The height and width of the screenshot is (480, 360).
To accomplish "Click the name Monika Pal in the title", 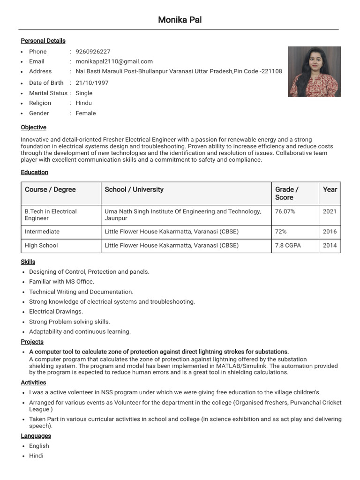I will point(180,20).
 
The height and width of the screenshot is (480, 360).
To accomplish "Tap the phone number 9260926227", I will point(93,52).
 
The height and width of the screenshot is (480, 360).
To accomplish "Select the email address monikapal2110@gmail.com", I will point(114,61).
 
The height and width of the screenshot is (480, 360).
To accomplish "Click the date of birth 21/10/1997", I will point(92,83).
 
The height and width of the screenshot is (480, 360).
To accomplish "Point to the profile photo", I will point(314,71).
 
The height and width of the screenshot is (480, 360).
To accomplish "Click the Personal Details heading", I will point(43,41).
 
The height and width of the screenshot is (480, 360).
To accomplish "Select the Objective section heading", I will point(33,127).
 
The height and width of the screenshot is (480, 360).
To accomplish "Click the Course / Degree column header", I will point(50,189).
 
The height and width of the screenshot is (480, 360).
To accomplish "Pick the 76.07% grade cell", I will point(285,211).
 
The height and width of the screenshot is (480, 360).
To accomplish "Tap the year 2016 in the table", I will point(330,232).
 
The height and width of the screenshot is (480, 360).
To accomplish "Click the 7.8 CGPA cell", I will point(288,245).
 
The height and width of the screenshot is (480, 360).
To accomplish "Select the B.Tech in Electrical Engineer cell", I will point(51,215).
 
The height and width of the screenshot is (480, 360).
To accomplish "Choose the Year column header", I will point(330,189).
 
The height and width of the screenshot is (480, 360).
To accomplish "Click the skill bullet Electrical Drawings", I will point(56,312).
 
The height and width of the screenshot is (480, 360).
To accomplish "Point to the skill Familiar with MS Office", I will point(61,282).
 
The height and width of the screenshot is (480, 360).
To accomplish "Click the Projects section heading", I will point(32,342).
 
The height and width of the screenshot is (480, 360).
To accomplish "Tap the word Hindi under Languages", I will point(36,456).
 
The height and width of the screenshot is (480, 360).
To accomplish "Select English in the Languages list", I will point(39,446).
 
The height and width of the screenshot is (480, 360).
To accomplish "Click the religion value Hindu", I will point(83,103).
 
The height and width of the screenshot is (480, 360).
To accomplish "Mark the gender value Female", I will point(85,113).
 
